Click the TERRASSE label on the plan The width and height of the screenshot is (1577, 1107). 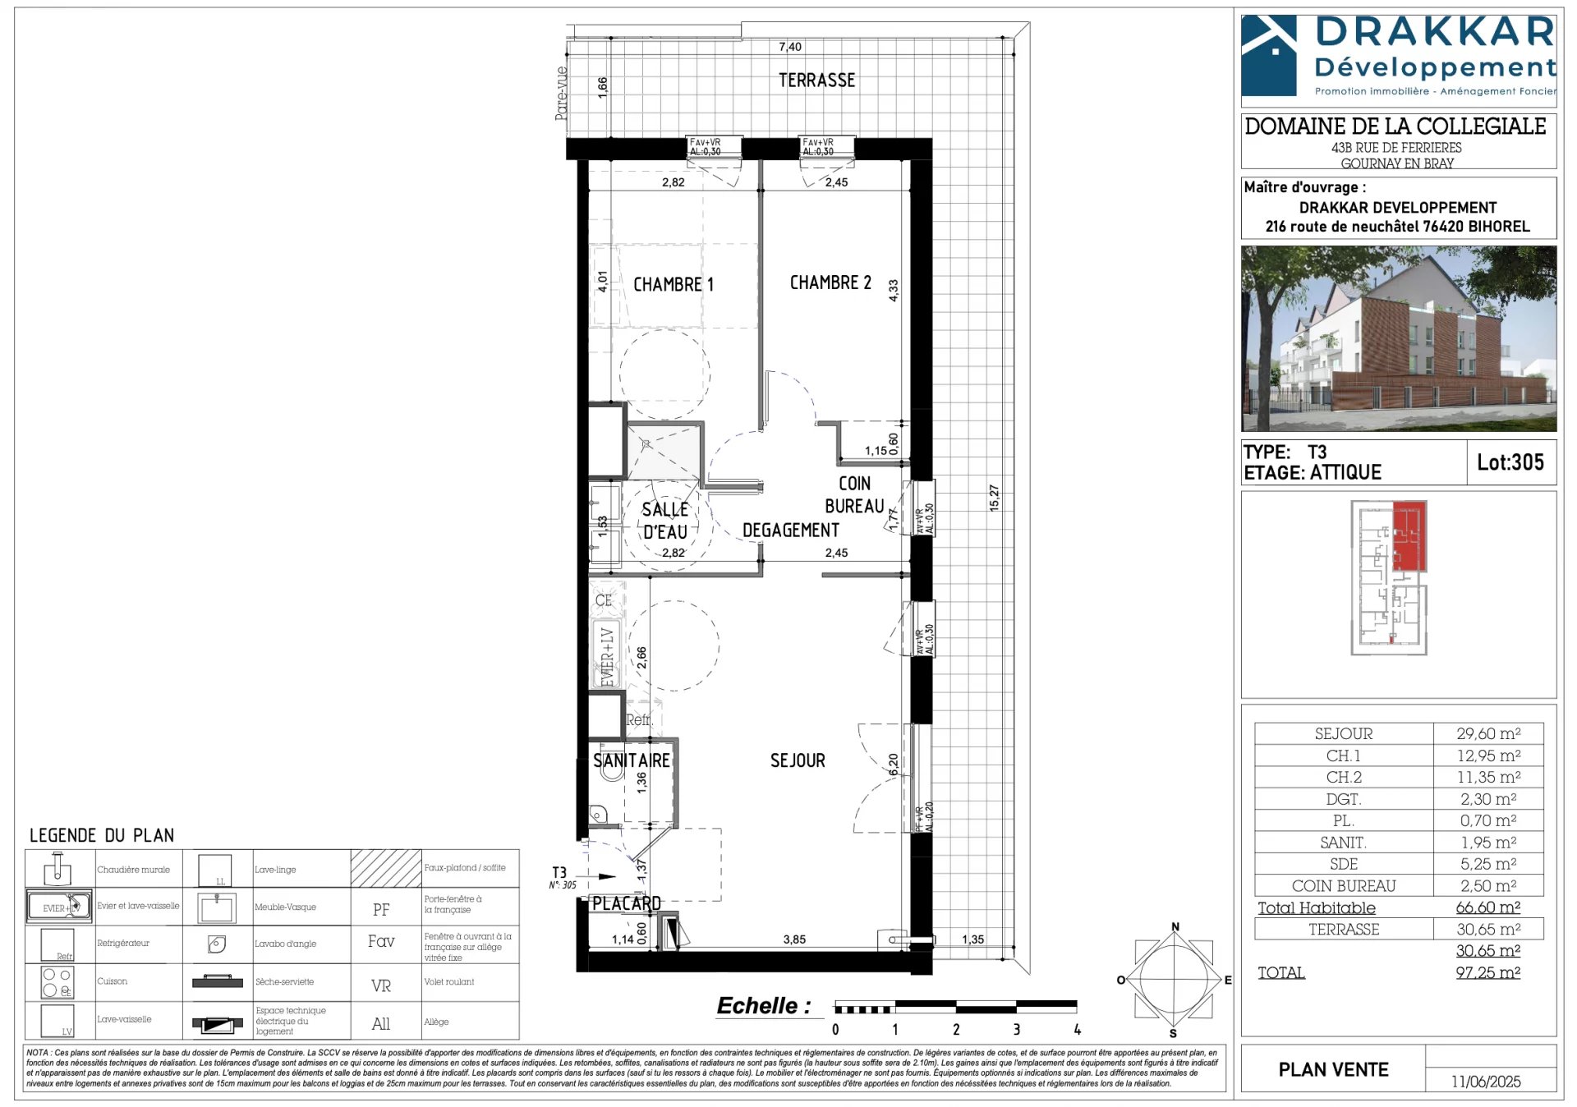(x=816, y=80)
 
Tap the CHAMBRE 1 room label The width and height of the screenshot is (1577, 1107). (x=673, y=285)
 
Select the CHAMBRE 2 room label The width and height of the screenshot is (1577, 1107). (x=830, y=282)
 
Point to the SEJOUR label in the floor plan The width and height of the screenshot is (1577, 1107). (x=797, y=760)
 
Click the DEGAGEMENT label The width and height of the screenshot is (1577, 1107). (x=790, y=531)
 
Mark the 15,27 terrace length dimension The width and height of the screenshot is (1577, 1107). (x=994, y=498)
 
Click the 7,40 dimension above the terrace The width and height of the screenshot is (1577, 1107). (x=789, y=47)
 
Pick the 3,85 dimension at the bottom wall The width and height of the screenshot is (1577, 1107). (x=793, y=939)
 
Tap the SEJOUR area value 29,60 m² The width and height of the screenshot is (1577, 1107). (x=1487, y=733)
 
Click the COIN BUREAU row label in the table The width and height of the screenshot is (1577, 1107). (x=1343, y=885)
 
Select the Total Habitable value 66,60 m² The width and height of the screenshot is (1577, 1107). (x=1487, y=907)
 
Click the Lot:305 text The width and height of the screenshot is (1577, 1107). (x=1510, y=462)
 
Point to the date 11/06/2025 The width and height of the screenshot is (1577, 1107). (x=1485, y=1082)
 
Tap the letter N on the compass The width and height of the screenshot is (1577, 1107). (x=1175, y=927)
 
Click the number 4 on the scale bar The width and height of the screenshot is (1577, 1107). (x=1077, y=1029)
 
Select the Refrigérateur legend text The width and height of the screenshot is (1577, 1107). (x=123, y=943)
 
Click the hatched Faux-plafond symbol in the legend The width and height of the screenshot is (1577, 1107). (x=386, y=868)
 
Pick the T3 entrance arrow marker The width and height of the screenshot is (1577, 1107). (x=606, y=876)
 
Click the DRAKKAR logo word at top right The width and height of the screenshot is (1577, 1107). (x=1434, y=33)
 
